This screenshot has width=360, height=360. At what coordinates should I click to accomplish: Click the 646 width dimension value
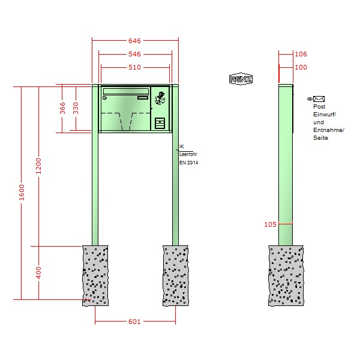click(x=134, y=41)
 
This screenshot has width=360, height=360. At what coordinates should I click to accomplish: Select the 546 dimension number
click(x=134, y=54)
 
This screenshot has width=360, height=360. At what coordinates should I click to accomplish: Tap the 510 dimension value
click(x=134, y=67)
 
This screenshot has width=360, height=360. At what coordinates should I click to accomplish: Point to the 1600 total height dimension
click(x=22, y=192)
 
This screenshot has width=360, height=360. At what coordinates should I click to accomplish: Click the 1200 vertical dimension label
click(x=38, y=166)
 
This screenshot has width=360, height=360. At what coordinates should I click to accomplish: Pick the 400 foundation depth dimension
click(x=38, y=273)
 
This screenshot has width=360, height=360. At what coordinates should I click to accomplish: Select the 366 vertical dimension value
click(x=62, y=108)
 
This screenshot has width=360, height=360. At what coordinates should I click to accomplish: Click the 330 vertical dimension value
click(x=76, y=108)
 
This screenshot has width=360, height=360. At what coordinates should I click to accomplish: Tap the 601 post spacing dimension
click(x=134, y=322)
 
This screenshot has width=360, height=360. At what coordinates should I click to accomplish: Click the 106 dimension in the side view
click(x=301, y=54)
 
